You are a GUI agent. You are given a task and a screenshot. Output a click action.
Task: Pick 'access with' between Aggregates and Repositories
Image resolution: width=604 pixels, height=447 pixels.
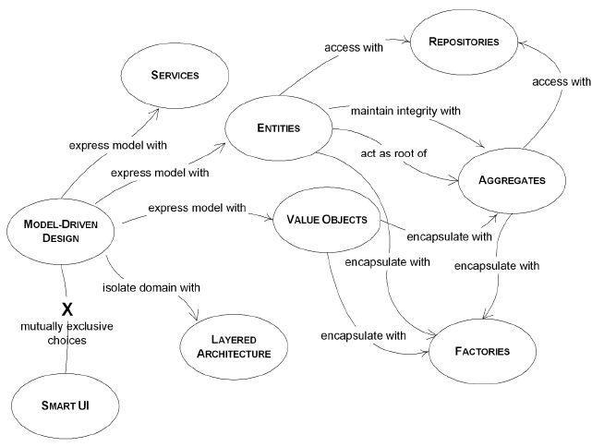561,81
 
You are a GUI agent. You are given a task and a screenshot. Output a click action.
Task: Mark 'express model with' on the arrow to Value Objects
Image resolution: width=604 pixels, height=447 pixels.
196,209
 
